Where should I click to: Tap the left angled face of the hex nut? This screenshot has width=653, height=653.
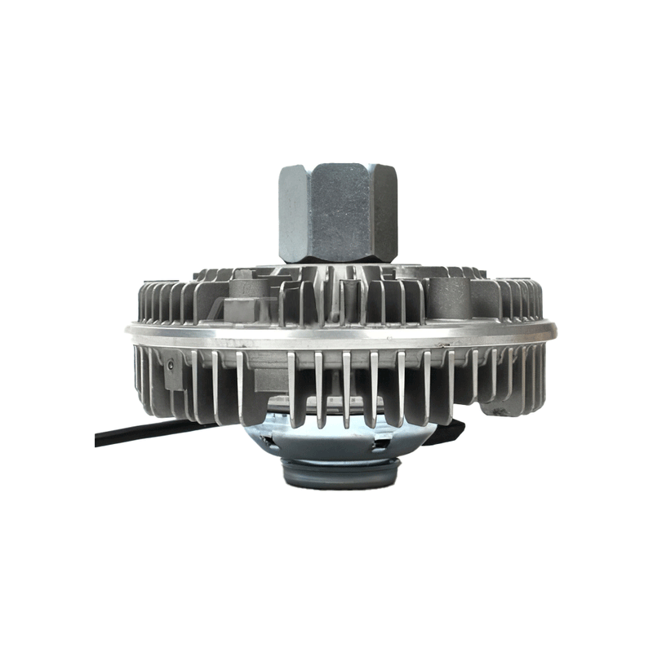pyautogui.click(x=292, y=214)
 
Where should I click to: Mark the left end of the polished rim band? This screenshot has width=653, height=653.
pyautogui.click(x=131, y=331)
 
